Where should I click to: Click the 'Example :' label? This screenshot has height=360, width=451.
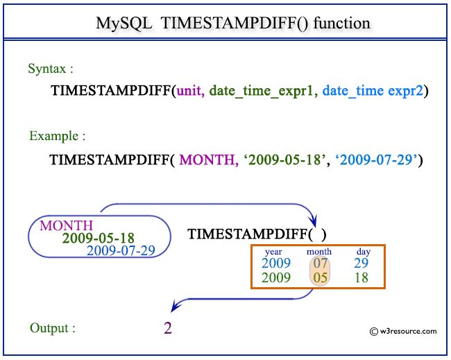[x=58, y=136]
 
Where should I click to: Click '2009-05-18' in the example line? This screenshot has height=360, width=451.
[x=274, y=160]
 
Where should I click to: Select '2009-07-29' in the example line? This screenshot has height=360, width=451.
[x=375, y=160]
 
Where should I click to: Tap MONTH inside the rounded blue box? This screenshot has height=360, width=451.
[x=66, y=225]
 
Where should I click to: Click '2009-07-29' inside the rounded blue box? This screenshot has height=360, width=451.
[x=120, y=250]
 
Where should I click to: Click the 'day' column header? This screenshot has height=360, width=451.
[x=363, y=252]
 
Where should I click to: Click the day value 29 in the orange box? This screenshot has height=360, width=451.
[x=360, y=264]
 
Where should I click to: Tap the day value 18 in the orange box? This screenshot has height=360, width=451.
[x=360, y=277]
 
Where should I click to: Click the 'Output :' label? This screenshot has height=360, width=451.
[x=53, y=327]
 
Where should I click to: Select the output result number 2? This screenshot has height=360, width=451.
[x=167, y=328]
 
